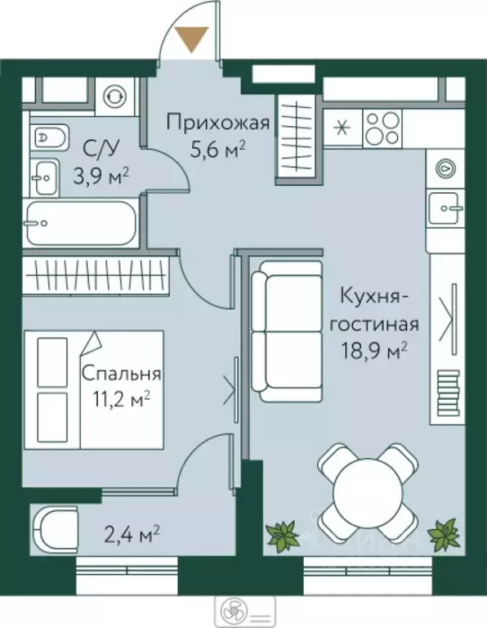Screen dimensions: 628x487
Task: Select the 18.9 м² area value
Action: pyautogui.click(x=375, y=351)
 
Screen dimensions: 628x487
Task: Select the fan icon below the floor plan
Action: pyautogui.click(x=229, y=610)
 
